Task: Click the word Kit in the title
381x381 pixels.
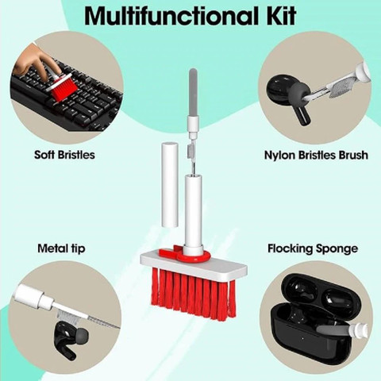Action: (x=281, y=16)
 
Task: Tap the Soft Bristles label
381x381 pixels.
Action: (x=64, y=155)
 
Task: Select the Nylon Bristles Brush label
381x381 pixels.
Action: (x=316, y=155)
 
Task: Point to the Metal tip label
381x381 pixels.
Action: (x=61, y=248)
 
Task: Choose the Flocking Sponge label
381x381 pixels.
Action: (x=313, y=248)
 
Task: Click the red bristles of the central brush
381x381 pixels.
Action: (x=194, y=294)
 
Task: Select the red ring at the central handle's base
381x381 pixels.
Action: (x=194, y=256)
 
